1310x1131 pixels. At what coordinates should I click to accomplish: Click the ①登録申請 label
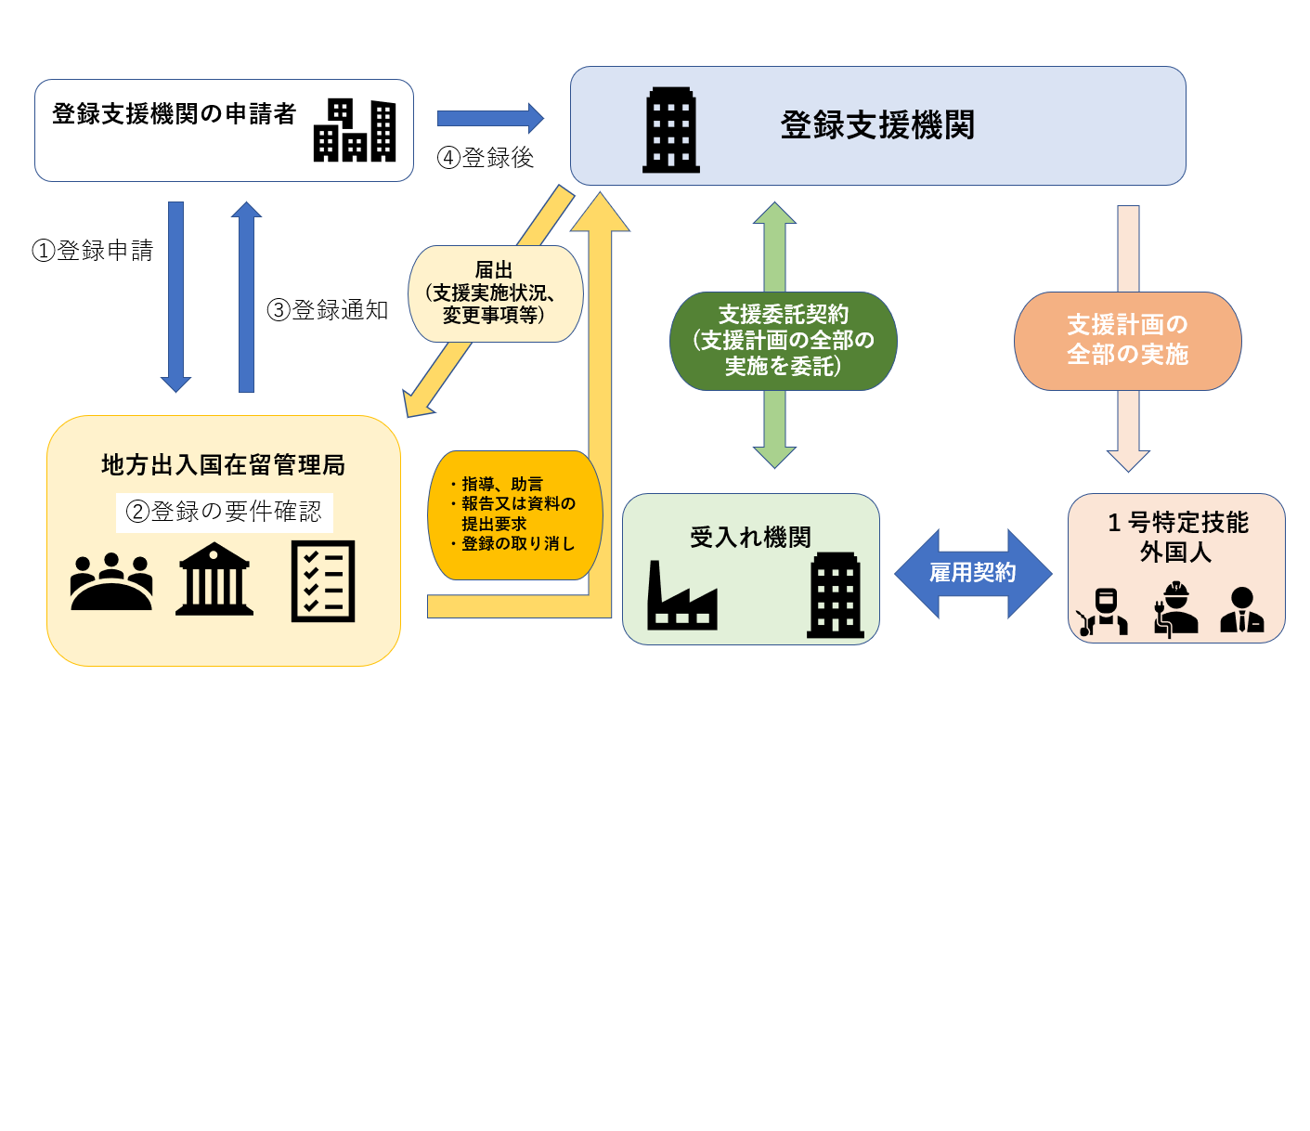pyautogui.click(x=93, y=250)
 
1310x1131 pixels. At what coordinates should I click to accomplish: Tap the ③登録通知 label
pyautogui.click(x=327, y=309)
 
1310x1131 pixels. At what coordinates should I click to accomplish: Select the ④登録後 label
pyautogui.click(x=486, y=157)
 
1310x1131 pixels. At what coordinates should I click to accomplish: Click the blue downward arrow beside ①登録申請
pyautogui.click(x=175, y=297)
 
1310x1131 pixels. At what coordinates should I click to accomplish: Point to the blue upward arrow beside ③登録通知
pyautogui.click(x=247, y=297)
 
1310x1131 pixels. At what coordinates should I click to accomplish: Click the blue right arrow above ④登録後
pyautogui.click(x=490, y=118)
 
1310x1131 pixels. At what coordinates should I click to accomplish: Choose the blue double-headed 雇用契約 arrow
pyautogui.click(x=973, y=573)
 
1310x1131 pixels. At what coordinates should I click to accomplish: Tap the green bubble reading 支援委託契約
pyautogui.click(x=783, y=341)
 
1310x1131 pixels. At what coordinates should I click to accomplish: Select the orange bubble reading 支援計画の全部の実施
pyautogui.click(x=1127, y=341)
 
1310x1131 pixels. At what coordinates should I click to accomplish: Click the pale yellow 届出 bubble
pyautogui.click(x=495, y=293)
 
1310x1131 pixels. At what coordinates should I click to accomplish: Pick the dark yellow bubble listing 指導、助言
pyautogui.click(x=515, y=514)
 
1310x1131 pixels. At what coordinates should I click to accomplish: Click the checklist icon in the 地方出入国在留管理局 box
pyautogui.click(x=322, y=580)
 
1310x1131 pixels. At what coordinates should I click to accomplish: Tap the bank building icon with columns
pyautogui.click(x=214, y=578)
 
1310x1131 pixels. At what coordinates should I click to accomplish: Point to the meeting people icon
pyautogui.click(x=111, y=580)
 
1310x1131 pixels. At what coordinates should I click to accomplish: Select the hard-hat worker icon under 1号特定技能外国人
pyautogui.click(x=1175, y=607)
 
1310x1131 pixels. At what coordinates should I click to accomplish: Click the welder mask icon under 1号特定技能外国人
pyautogui.click(x=1103, y=611)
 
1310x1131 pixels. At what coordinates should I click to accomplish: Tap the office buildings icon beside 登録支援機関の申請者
pyautogui.click(x=355, y=130)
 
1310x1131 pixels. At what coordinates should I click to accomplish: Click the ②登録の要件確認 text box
pyautogui.click(x=225, y=513)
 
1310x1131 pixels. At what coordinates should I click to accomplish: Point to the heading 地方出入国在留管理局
pyautogui.click(x=223, y=464)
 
